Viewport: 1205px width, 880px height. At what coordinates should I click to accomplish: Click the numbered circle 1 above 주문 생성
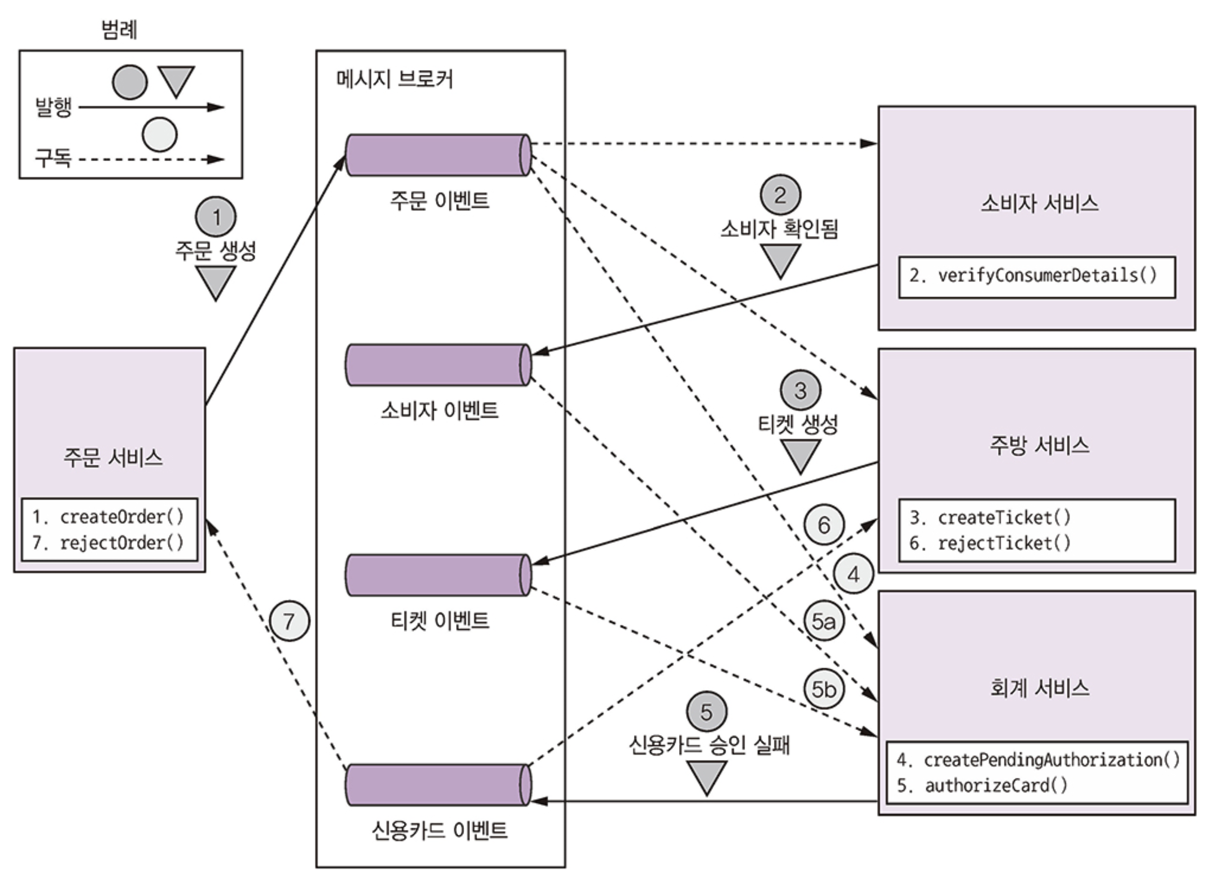tap(216, 217)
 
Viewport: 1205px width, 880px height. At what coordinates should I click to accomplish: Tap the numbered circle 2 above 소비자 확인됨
tap(780, 195)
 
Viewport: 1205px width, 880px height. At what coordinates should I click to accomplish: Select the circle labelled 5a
tap(824, 621)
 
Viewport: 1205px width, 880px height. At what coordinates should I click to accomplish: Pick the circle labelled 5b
tap(824, 689)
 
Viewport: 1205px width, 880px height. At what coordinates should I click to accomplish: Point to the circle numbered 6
tap(824, 525)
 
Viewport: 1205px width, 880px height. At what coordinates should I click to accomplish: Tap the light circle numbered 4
tap(853, 574)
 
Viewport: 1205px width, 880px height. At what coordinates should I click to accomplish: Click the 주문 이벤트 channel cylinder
tap(438, 155)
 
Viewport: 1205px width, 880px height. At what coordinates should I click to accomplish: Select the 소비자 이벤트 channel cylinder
tap(438, 365)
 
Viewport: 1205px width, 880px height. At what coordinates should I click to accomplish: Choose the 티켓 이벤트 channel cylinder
tap(438, 576)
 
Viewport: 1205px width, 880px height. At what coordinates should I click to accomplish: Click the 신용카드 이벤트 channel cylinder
tap(438, 785)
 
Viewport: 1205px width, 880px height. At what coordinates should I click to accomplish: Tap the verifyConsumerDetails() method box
tap(1036, 276)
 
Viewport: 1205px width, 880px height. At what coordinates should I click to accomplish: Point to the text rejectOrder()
tap(121, 543)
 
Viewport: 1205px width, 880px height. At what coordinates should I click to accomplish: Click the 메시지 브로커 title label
tap(394, 80)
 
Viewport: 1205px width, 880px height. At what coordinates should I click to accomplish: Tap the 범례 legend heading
tap(120, 29)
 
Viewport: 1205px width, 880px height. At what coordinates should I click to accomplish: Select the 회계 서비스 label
tap(1039, 688)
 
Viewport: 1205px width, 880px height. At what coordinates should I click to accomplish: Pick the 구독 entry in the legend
tap(53, 158)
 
